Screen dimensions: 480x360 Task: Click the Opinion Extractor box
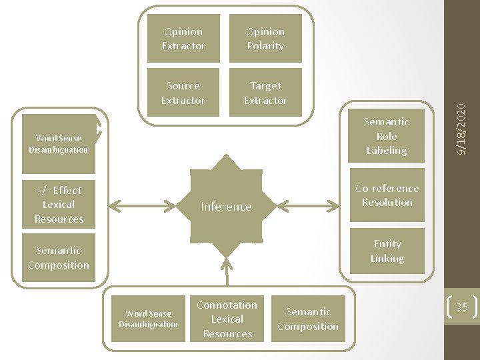[x=183, y=39]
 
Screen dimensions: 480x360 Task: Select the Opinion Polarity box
[x=265, y=39]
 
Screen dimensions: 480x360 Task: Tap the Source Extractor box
[x=183, y=93]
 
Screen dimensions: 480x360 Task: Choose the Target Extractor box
[x=265, y=93]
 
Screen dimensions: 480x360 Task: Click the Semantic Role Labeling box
[x=387, y=136]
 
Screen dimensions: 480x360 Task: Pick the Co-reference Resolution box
[x=387, y=195]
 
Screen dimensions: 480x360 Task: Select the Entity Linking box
[x=387, y=251]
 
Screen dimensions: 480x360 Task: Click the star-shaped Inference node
[x=227, y=206]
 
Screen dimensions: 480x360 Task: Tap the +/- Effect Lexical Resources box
[x=59, y=205]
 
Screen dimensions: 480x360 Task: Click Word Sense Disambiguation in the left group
[x=59, y=144]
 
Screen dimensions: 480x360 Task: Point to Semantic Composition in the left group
[x=59, y=257]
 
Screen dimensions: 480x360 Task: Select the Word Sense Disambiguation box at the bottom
[x=148, y=319]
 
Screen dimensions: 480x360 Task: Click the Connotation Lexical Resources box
[x=227, y=319]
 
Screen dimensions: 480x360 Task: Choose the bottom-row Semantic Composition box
[x=308, y=319]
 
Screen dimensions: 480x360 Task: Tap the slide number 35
[x=461, y=307]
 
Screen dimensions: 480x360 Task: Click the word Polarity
[x=265, y=46]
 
